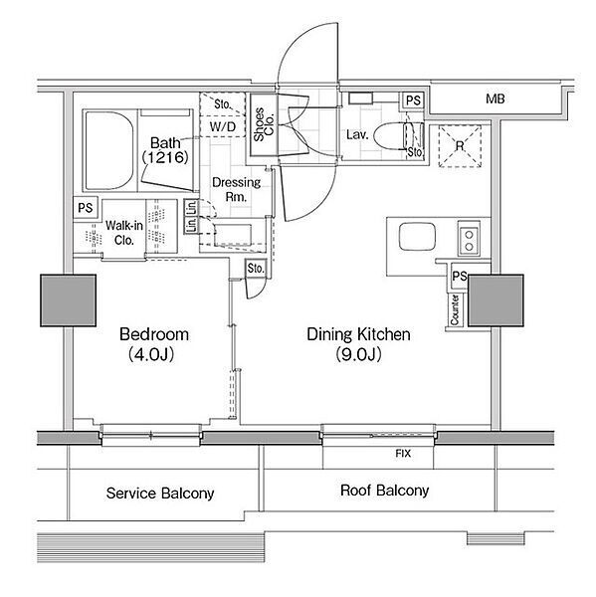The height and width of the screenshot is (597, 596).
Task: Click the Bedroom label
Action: tap(154, 334)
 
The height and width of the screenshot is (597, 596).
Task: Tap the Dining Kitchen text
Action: tap(359, 334)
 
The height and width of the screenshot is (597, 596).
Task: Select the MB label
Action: tap(496, 99)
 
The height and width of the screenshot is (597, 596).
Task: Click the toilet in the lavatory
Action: tap(398, 136)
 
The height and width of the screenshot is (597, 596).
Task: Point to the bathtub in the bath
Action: tap(109, 151)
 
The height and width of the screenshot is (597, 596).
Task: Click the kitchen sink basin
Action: tap(417, 237)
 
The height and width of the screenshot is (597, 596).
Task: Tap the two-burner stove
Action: tap(469, 240)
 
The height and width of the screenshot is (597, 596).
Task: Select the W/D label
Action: tap(223, 126)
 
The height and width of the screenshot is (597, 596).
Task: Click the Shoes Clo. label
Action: tap(264, 124)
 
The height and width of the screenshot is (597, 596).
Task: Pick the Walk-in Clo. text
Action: tap(124, 233)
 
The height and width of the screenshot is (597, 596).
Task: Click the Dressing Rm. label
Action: tap(236, 189)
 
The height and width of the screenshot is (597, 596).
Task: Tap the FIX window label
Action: tap(403, 454)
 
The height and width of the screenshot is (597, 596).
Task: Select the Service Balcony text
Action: tap(160, 494)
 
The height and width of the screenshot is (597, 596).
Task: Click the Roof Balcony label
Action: tap(385, 491)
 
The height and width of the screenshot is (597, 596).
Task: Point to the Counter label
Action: tap(455, 309)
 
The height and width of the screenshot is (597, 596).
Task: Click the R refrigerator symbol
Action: tap(460, 146)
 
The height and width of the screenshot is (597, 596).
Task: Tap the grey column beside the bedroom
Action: tap(69, 300)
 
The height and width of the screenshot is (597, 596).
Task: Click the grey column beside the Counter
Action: tap(496, 300)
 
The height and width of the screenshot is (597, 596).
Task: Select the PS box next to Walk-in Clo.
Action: tap(86, 208)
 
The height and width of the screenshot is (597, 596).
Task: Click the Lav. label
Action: tap(357, 134)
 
